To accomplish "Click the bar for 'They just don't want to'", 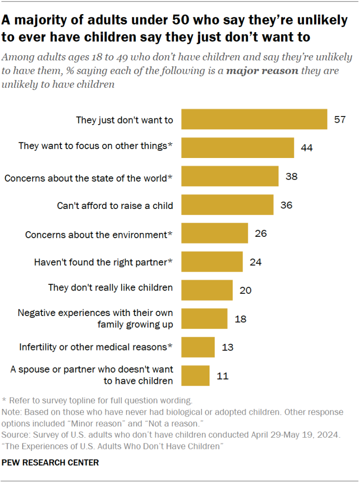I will pyautogui.click(x=254, y=119).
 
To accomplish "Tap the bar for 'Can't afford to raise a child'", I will pyautogui.click(x=227, y=205).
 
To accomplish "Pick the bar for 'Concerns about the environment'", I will pyautogui.click(x=215, y=233).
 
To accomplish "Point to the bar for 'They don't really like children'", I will pyautogui.click(x=207, y=290).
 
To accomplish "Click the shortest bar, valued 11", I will pyautogui.click(x=195, y=375).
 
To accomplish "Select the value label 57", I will pyautogui.click(x=340, y=119).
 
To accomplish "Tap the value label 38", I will pyautogui.click(x=292, y=176).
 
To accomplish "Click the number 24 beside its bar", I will pyautogui.click(x=256, y=262).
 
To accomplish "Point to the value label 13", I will pyautogui.click(x=227, y=347).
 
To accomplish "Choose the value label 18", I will pyautogui.click(x=240, y=319).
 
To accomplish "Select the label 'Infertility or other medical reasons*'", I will pyautogui.click(x=96, y=347).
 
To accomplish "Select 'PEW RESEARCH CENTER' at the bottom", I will pyautogui.click(x=50, y=463).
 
